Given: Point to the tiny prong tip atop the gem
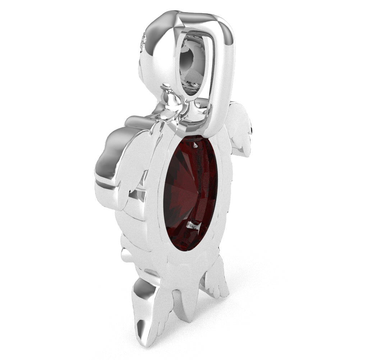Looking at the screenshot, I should [x=195, y=145].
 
